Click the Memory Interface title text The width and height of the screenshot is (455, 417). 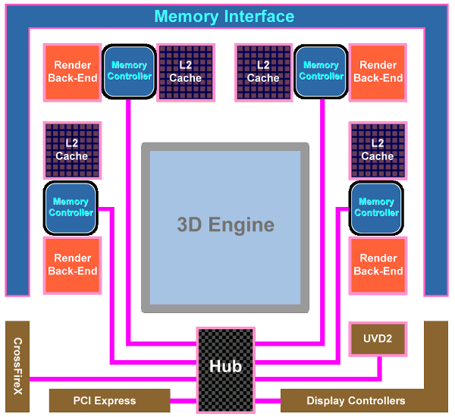tap(224, 17)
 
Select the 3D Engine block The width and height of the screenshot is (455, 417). tap(225, 225)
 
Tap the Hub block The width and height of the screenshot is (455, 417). tap(225, 366)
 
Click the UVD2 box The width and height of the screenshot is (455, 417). tap(375, 338)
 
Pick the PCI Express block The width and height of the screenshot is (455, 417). tap(105, 400)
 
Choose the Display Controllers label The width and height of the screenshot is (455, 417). tap(356, 400)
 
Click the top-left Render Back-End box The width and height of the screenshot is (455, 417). tap(73, 72)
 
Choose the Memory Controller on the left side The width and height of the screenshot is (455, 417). tap(71, 208)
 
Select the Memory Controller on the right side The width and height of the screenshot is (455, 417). tap(376, 208)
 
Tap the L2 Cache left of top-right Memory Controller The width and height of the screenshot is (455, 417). tap(263, 72)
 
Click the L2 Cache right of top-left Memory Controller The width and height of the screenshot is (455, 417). tap(185, 72)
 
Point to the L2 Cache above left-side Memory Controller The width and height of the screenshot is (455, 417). tap(72, 149)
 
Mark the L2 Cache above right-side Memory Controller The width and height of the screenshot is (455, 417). tap(377, 149)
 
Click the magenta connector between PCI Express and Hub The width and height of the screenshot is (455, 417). tap(184, 400)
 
